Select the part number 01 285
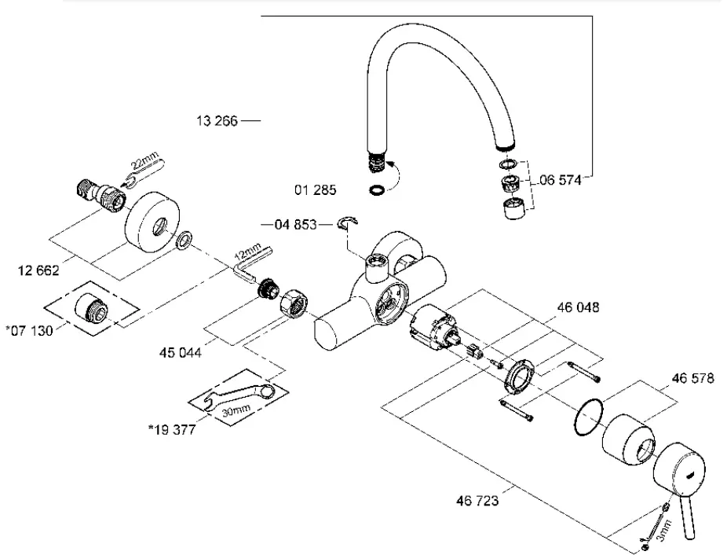[x=314, y=189]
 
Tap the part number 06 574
[x=560, y=180]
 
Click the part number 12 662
[x=37, y=271]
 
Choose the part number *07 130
[x=29, y=330]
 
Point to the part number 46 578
[x=692, y=378]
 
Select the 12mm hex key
[x=250, y=263]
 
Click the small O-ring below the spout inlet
[x=376, y=189]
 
